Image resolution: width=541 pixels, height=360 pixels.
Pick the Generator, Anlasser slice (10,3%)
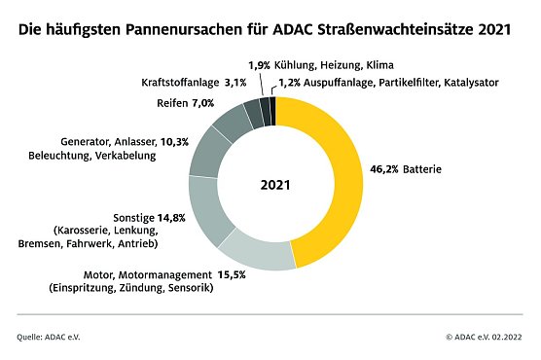(x=206, y=152)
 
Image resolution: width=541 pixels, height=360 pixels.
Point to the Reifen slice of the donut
(x=230, y=121)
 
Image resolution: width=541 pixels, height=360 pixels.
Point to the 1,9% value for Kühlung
(x=259, y=65)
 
